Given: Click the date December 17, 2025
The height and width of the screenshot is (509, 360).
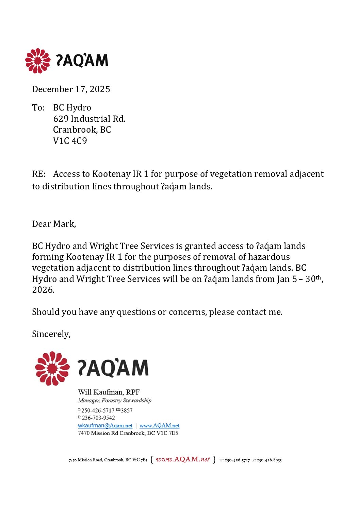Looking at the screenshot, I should point(71,89).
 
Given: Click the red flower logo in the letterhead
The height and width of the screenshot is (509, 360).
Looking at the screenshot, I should point(38,61).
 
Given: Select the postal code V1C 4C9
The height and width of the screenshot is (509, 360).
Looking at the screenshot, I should point(70,141).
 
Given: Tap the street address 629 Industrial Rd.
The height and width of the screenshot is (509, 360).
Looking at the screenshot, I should point(89,119).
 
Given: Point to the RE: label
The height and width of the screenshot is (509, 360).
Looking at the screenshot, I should point(39,174).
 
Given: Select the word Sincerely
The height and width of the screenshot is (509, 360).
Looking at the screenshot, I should point(51,334).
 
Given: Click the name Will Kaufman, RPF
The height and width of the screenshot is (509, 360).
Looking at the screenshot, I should point(109,392).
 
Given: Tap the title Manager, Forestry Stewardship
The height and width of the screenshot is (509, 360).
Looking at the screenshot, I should point(115,401).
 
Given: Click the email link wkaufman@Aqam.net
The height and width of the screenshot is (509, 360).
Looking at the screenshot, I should point(105,426).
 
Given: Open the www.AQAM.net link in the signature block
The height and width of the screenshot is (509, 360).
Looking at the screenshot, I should point(159,426).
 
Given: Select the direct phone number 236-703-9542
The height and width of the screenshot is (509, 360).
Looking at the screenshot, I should point(98,418).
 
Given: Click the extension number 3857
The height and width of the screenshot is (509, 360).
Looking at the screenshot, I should point(127,411).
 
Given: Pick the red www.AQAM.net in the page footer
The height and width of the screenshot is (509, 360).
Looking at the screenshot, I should point(183,459).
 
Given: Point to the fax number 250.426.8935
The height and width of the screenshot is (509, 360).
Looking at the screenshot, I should point(269,460).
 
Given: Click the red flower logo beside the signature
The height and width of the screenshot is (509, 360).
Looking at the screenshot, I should point(52,369).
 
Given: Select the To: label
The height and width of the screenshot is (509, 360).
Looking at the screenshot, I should point(38,108).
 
